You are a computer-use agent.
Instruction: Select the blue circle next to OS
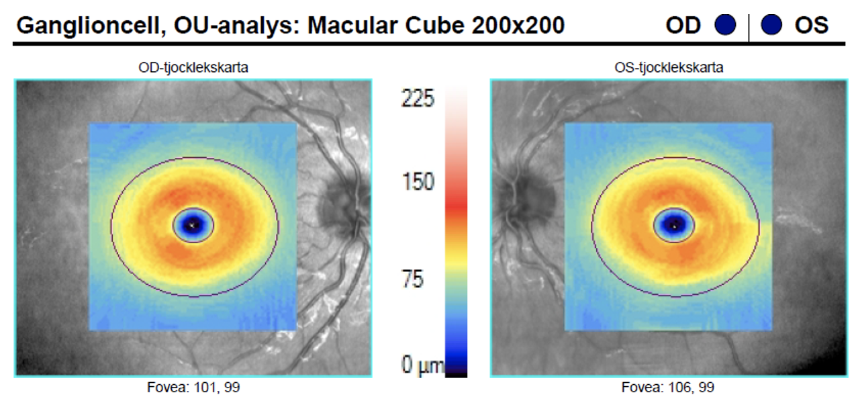point(772,26)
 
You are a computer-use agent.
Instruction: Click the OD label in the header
point(683,26)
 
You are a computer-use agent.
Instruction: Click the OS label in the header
point(812,26)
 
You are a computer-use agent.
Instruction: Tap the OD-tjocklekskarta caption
point(193,68)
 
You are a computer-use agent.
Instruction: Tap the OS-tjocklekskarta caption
point(669,68)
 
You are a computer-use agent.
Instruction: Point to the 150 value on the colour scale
point(418,182)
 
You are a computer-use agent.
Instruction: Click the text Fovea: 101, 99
point(193,388)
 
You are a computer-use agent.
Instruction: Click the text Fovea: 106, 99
point(669,388)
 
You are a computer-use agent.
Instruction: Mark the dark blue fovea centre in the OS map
point(674,225)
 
